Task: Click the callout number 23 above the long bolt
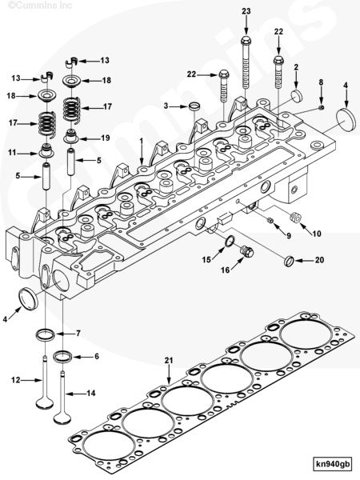pyautogui.click(x=246, y=10)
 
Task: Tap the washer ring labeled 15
pyautogui.click(x=228, y=243)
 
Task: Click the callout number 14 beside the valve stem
pyautogui.click(x=90, y=393)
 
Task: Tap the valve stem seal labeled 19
pyautogui.click(x=71, y=136)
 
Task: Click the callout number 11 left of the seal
pyautogui.click(x=12, y=152)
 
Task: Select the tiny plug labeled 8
pyautogui.click(x=320, y=106)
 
